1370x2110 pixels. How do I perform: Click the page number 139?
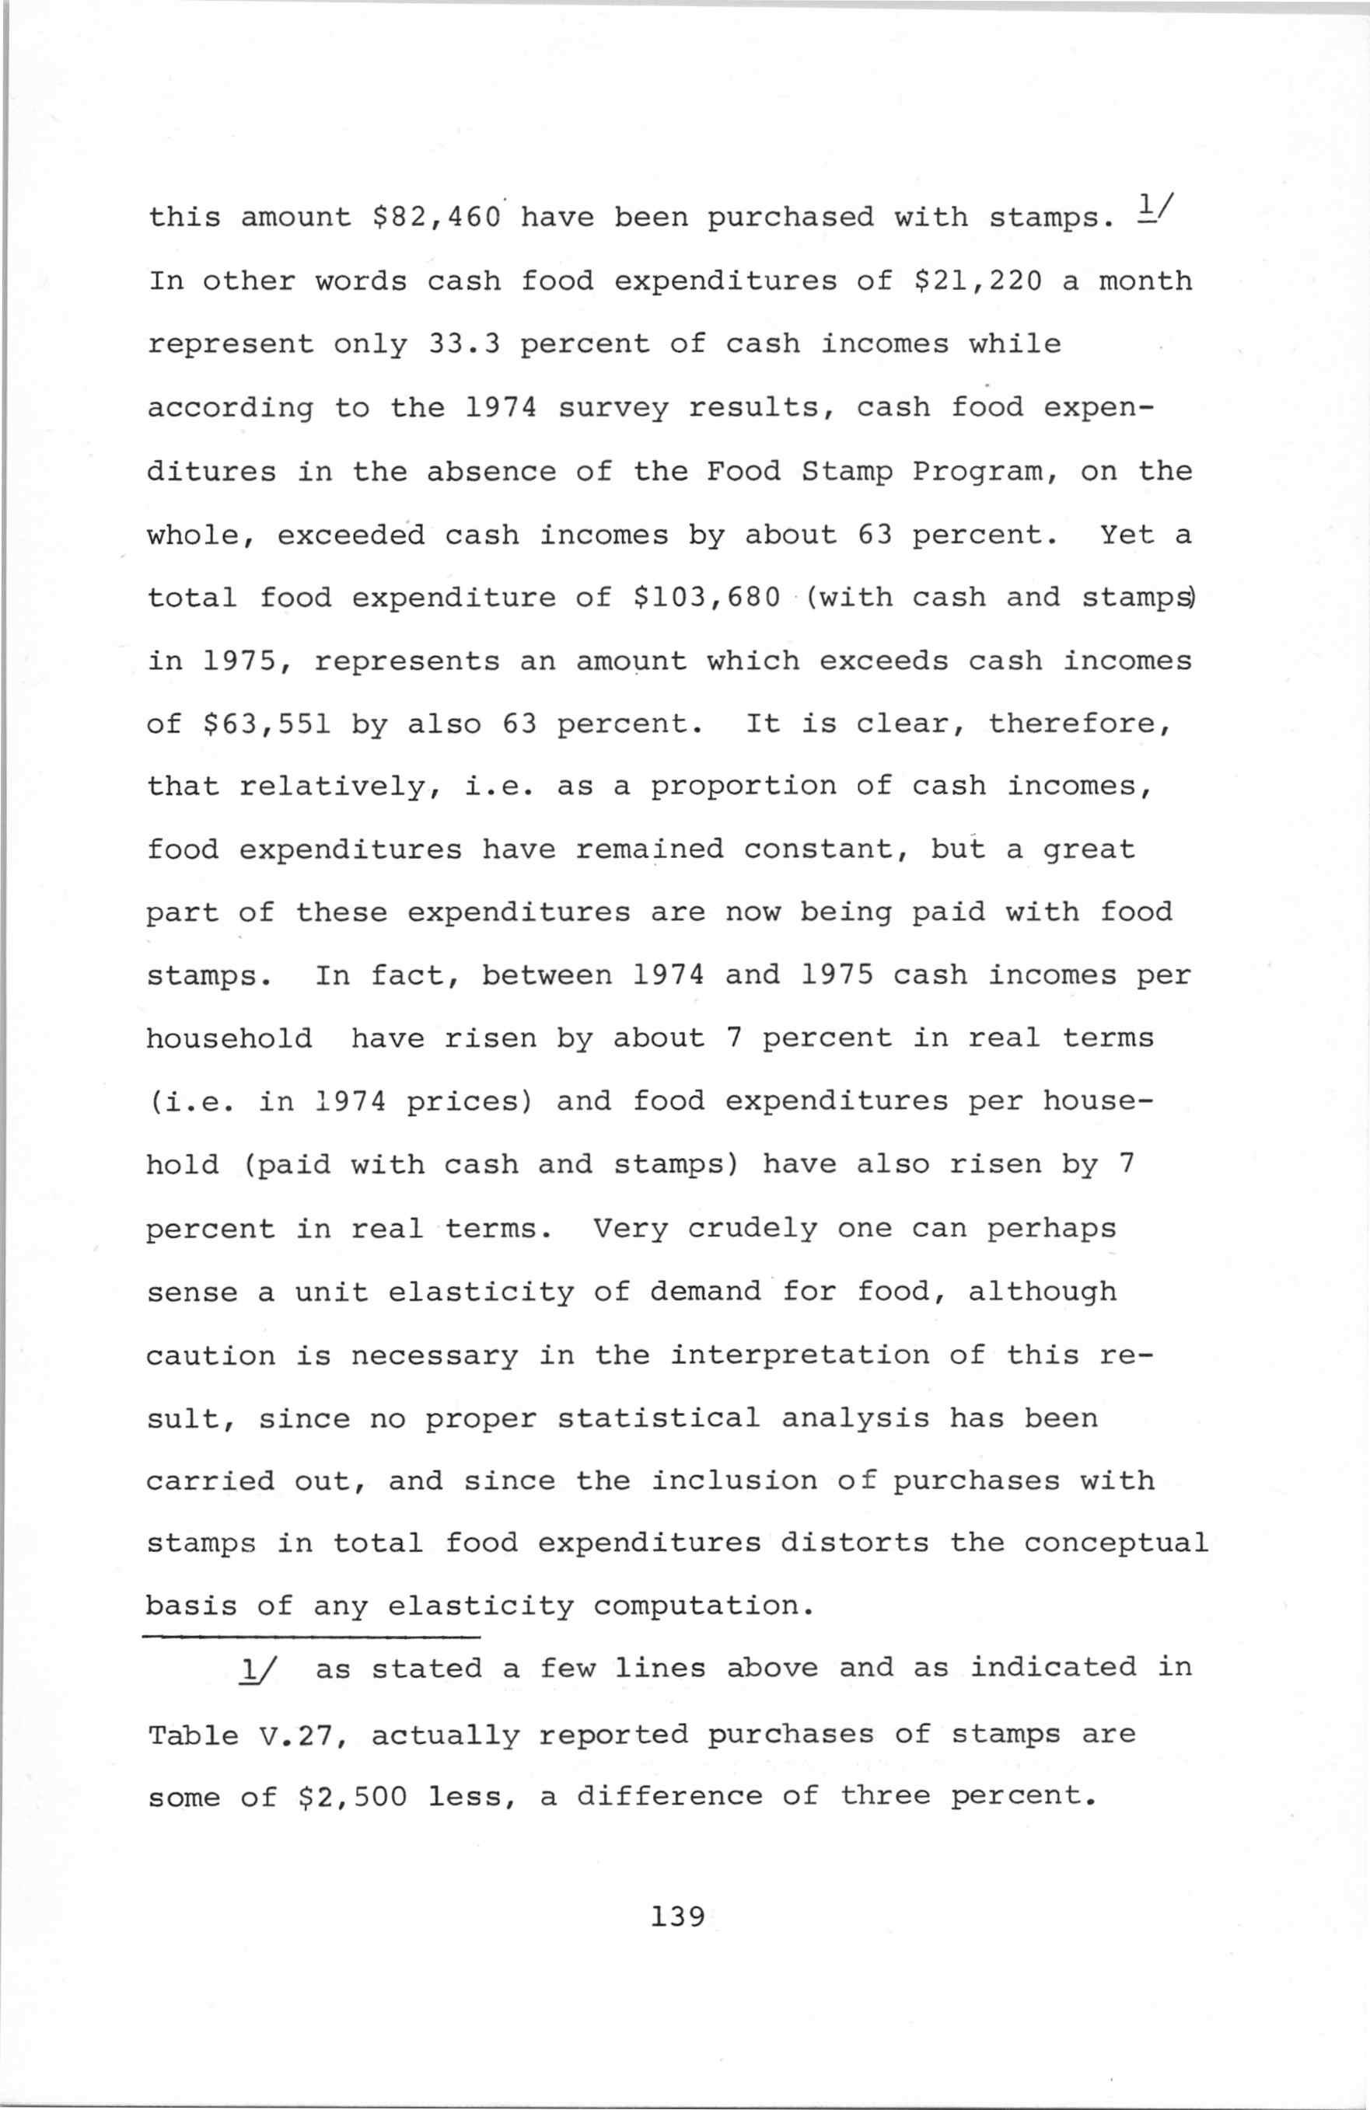point(677,1916)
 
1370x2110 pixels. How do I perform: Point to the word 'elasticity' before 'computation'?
point(481,1606)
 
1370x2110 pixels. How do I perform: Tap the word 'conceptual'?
point(1116,1543)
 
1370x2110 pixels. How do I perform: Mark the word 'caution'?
point(210,1355)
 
